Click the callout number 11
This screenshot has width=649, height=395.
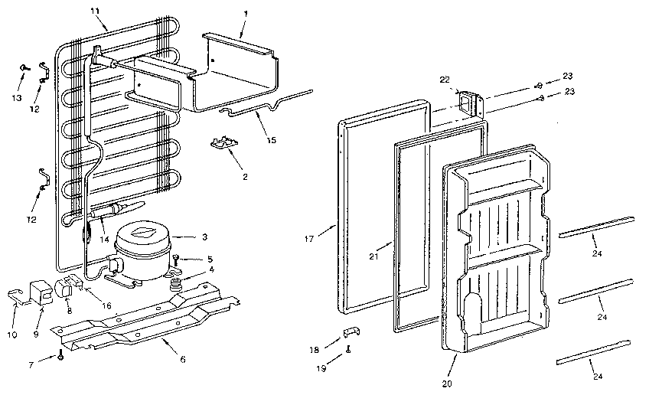95,11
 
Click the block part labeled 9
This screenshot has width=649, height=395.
37,293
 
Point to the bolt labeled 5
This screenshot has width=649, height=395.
177,259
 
